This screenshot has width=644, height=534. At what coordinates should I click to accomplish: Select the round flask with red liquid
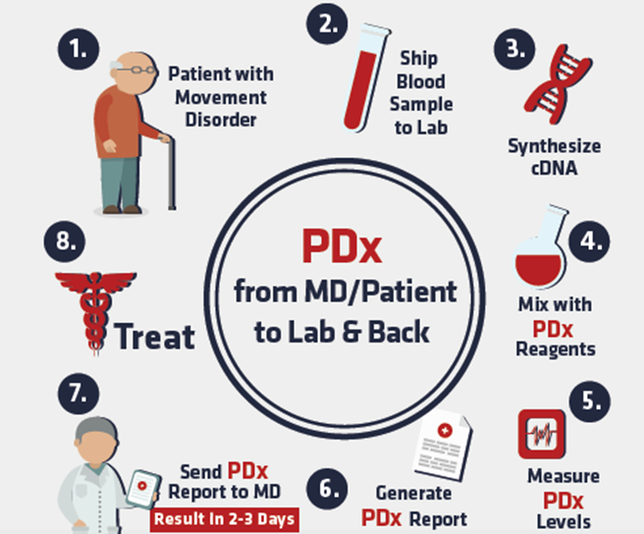click(x=538, y=254)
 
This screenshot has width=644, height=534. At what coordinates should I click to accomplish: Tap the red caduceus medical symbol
click(x=86, y=306)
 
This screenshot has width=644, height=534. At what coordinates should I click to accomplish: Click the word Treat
click(x=155, y=337)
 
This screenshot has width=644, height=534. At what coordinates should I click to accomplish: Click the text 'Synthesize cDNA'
click(x=555, y=156)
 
